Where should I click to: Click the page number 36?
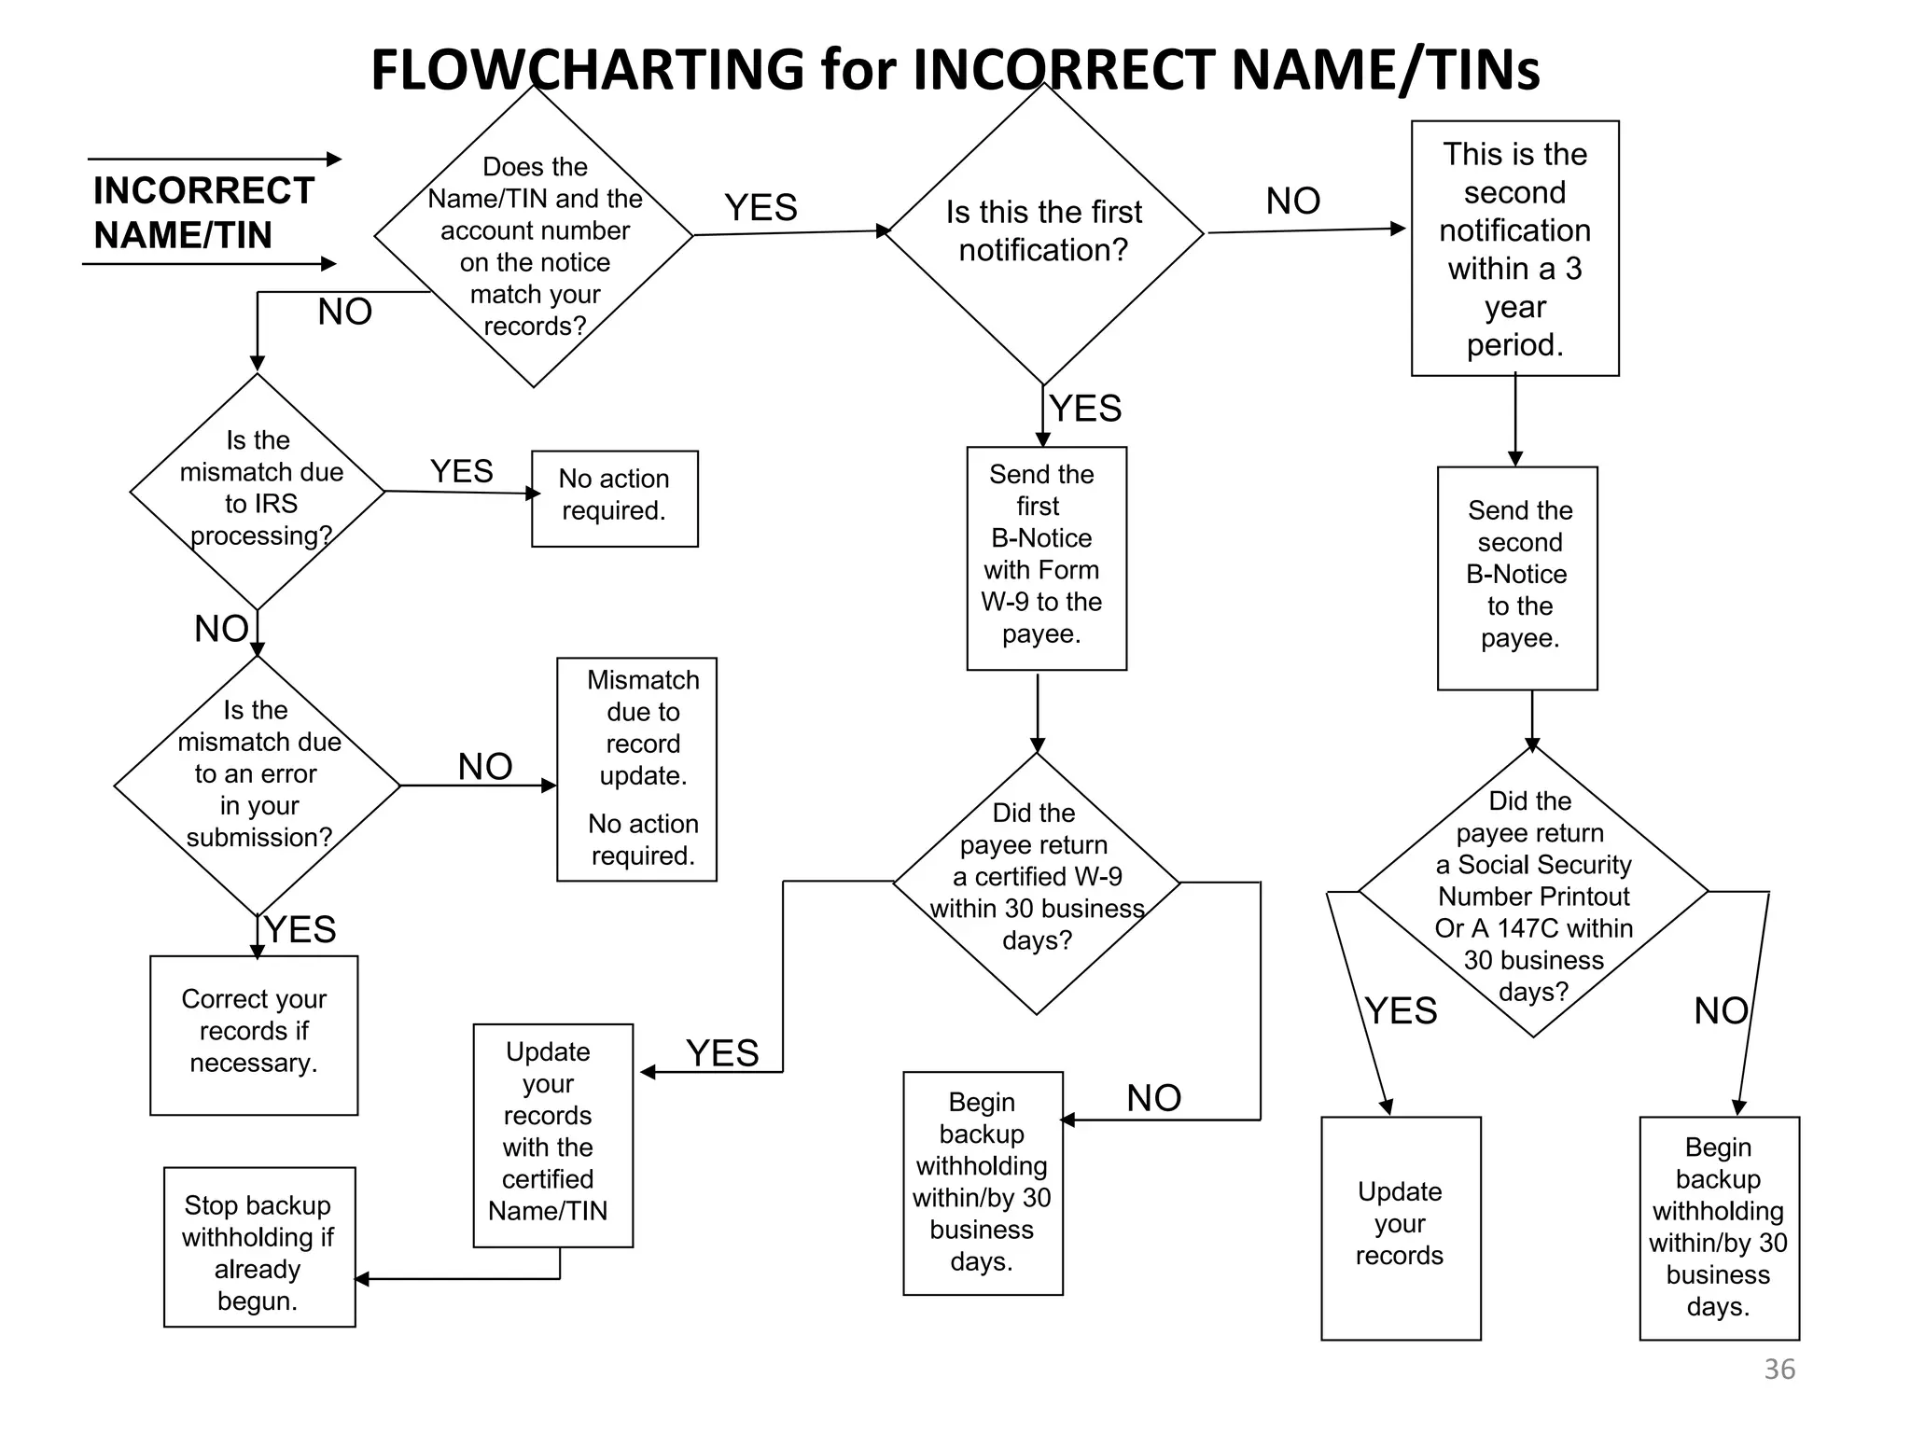[x=1778, y=1369]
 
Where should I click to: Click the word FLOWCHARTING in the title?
[x=587, y=69]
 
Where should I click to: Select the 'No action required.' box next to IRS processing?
[x=614, y=498]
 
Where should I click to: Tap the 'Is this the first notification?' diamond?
[x=1043, y=232]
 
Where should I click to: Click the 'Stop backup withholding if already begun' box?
[x=258, y=1246]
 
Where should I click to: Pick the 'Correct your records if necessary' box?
[x=254, y=1034]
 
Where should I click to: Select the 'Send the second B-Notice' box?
[x=1517, y=577]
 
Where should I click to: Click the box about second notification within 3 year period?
[x=1514, y=248]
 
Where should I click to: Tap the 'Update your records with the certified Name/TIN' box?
[x=552, y=1134]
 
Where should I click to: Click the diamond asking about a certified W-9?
[x=1036, y=882]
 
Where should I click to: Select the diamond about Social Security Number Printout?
[x=1533, y=893]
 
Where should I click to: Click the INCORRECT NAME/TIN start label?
[x=202, y=213]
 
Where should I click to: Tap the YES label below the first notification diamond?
[x=1084, y=409]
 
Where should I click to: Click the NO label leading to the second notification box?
[x=1292, y=201]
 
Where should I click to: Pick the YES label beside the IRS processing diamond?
[x=461, y=471]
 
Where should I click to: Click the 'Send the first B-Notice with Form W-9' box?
[x=1046, y=558]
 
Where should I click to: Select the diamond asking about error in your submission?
[x=258, y=785]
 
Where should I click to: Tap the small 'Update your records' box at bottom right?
[x=1400, y=1227]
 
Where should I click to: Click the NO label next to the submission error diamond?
[x=484, y=767]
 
